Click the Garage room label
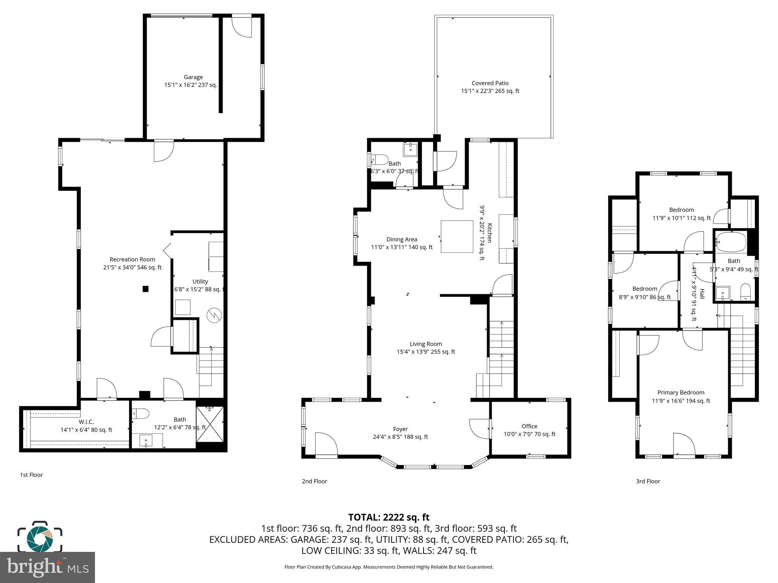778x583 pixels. tap(193, 77)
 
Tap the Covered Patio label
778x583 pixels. tap(490, 84)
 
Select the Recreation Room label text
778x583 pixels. tap(132, 260)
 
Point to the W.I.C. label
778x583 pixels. tap(86, 422)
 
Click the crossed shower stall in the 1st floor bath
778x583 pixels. tap(210, 424)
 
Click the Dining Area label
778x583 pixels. tap(402, 240)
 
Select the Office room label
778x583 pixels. tap(529, 427)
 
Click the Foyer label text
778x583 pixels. tap(400, 429)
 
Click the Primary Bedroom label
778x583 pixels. tap(681, 393)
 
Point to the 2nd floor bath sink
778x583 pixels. tap(410, 150)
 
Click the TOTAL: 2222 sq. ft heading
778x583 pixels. tap(389, 517)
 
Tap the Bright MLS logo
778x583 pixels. tap(47, 567)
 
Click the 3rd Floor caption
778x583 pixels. tap(648, 481)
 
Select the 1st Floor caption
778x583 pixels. tap(31, 475)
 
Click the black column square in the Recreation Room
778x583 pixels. tap(145, 289)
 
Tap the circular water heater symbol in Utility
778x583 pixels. tap(213, 315)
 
